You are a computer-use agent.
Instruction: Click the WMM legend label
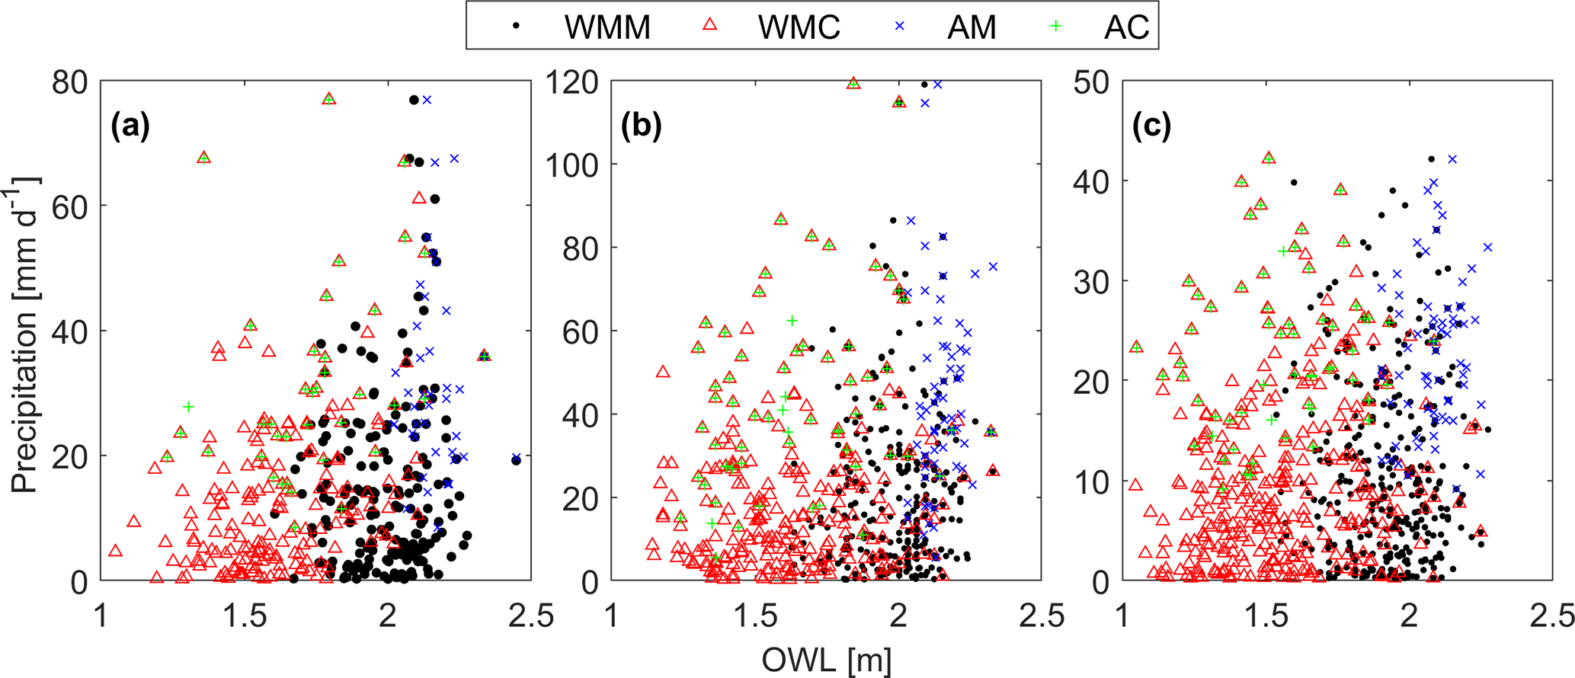coord(607,27)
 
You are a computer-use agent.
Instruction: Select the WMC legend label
coord(799,27)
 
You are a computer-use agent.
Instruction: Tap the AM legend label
coord(972,27)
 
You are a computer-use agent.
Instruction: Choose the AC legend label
coord(1126,27)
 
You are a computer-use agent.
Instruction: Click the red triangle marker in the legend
coord(709,26)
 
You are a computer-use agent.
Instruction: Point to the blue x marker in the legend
coord(900,26)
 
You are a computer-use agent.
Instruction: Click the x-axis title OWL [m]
coord(827,660)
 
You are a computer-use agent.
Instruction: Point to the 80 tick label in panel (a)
coord(70,82)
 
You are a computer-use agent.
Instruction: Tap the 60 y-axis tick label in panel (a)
coord(70,206)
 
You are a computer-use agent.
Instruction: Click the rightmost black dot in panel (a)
coord(517,459)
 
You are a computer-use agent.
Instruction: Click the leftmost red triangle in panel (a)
coord(116,551)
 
